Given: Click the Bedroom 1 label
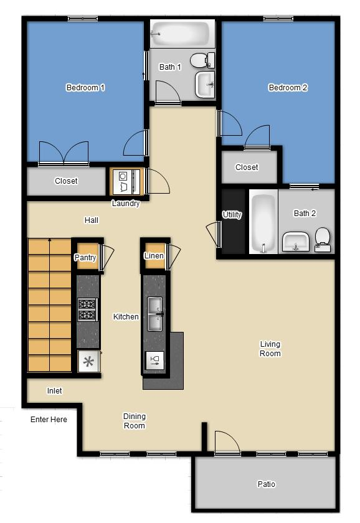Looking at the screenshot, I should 85,88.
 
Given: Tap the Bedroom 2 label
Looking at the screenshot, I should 288,88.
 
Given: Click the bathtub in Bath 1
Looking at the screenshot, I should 181,33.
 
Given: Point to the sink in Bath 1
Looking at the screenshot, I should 205,85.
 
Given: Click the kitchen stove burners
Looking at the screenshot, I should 88,309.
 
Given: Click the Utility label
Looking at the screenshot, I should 232,215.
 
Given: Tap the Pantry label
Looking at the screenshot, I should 85,258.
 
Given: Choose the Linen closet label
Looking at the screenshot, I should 154,256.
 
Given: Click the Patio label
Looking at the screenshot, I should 266,484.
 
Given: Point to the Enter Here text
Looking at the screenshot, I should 49,420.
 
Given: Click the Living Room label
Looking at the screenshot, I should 270,349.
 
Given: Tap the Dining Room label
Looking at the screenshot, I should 134,421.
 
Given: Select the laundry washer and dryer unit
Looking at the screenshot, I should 126,181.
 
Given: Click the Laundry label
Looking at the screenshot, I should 126,204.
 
